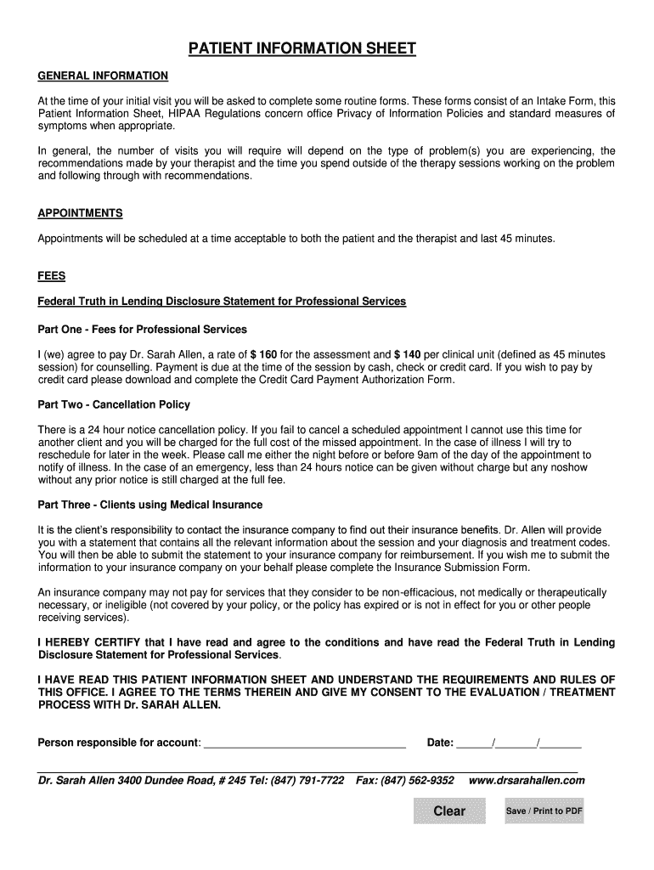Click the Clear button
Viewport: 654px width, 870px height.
click(449, 811)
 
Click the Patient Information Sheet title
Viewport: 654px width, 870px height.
click(302, 48)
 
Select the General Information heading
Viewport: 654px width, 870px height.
click(103, 76)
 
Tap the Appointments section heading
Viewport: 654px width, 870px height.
click(80, 213)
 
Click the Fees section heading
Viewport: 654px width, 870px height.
click(51, 276)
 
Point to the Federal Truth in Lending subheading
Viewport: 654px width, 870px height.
click(222, 302)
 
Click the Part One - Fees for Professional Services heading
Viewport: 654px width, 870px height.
click(142, 329)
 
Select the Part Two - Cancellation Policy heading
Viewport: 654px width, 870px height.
click(114, 404)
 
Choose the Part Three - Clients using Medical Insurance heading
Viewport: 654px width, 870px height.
click(150, 505)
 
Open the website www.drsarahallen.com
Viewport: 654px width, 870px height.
click(527, 781)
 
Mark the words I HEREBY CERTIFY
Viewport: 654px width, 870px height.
click(88, 643)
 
